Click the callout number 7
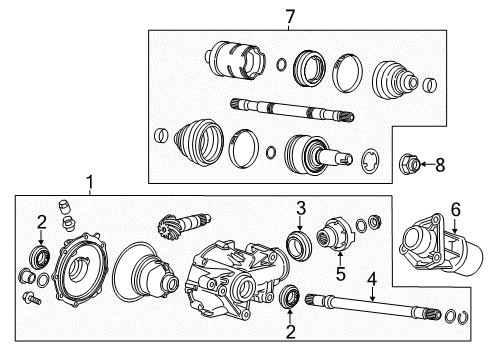(289, 17)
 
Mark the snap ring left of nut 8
(371, 160)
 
